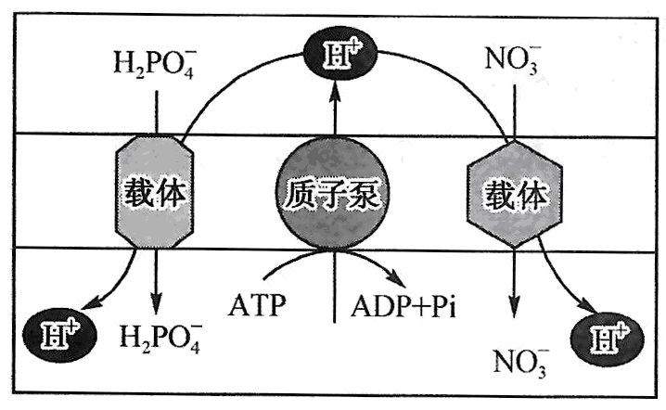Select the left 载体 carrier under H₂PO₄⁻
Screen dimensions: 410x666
click(155, 192)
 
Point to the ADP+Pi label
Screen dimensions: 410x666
click(404, 305)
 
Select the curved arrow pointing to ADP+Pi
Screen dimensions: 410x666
click(371, 263)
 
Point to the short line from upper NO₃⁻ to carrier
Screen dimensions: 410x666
click(511, 111)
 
